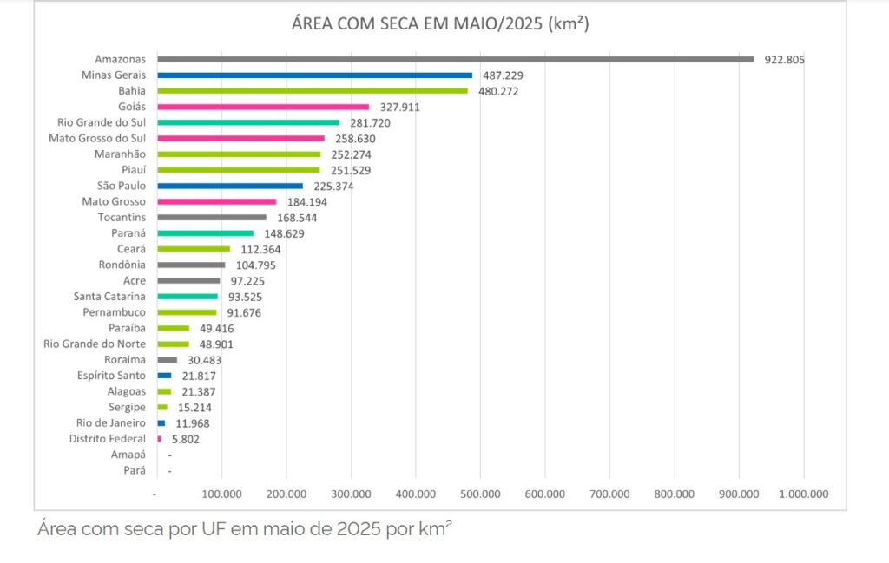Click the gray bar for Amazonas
456,59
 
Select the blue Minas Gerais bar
314,75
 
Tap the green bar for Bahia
313,91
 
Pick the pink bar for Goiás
263,107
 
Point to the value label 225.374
333,186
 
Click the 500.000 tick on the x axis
479,494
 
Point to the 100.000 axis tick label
221,494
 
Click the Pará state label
135,470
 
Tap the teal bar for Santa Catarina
188,297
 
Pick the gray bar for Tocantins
212,217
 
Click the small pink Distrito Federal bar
159,439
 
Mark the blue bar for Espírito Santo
164,376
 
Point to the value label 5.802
186,440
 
